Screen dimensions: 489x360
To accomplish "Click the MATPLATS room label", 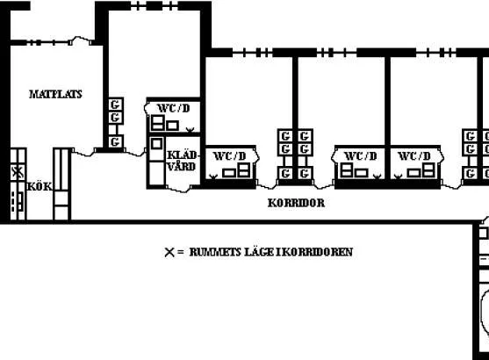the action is tap(55, 94).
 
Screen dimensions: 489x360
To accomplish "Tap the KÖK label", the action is tap(40, 186).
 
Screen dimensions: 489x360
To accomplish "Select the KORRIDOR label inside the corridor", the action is tap(296, 203).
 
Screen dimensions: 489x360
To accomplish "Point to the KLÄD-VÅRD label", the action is tap(182, 161).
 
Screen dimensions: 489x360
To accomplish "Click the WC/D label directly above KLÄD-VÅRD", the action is tap(174, 108).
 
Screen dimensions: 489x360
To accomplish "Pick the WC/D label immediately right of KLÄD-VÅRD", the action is tap(229, 156).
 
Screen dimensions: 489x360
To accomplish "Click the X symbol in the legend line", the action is tap(169, 252).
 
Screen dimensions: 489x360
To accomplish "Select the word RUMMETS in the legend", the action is tap(215, 252).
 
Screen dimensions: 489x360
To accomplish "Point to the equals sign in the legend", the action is tap(181, 252).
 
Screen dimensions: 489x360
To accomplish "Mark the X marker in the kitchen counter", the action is tap(18, 172).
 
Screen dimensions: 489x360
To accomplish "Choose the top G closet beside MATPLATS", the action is tap(115, 104).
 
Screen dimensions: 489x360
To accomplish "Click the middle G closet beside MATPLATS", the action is tap(115, 118).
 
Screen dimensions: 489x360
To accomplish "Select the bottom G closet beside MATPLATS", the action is tap(115, 142).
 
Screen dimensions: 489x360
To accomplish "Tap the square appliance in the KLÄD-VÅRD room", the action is tap(156, 144).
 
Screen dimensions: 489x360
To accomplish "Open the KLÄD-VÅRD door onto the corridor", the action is tap(179, 189).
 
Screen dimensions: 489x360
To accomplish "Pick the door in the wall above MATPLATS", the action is tap(82, 40).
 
